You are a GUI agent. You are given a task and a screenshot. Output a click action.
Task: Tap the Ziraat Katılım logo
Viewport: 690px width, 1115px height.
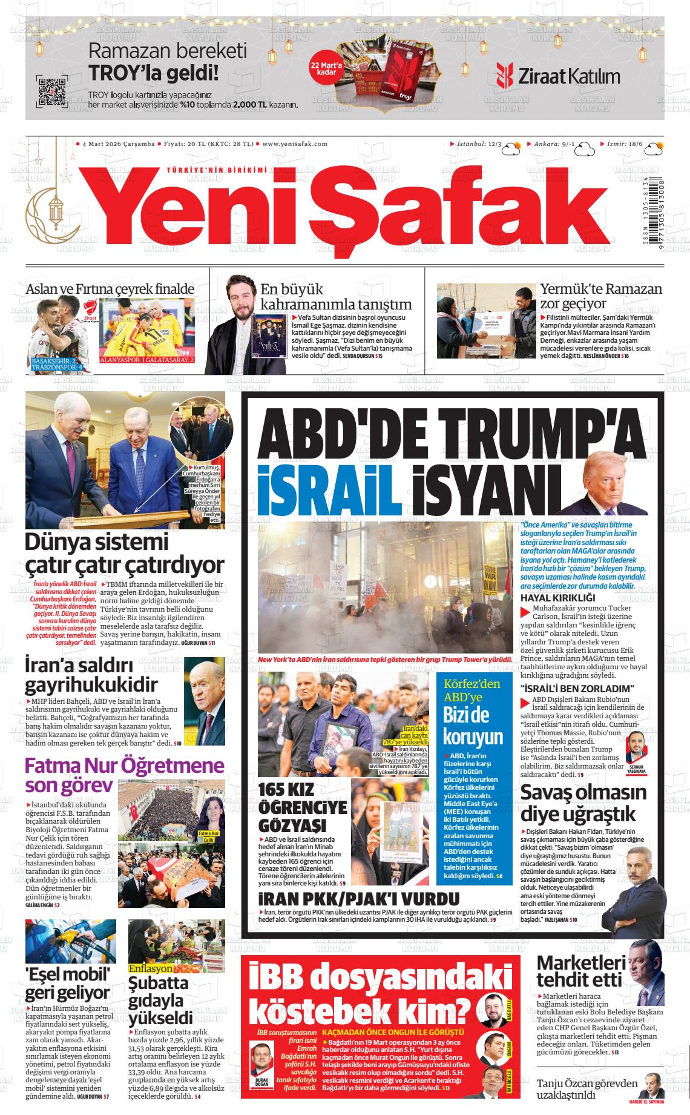pyautogui.click(x=557, y=76)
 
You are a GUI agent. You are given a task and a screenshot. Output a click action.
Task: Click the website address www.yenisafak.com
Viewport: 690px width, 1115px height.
pyautogui.click(x=295, y=144)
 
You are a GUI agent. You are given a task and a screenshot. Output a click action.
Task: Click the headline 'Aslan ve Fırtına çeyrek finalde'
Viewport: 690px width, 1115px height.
pyautogui.click(x=110, y=289)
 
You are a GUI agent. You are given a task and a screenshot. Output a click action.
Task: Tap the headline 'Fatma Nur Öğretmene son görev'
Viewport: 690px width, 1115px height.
pyautogui.click(x=123, y=775)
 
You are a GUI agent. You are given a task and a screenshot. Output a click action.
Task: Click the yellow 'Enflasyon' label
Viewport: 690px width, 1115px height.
pyautogui.click(x=151, y=968)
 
